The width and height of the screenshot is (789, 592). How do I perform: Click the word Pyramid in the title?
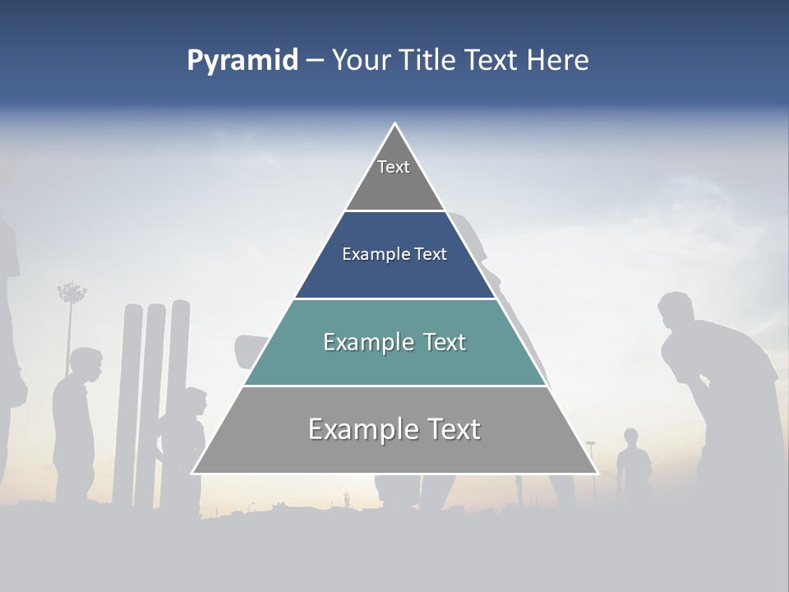coord(242,60)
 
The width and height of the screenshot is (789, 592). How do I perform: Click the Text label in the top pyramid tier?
coord(394,167)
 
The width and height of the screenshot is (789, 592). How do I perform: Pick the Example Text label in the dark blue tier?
coord(394,254)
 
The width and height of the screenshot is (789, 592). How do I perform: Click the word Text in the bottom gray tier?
coord(446,429)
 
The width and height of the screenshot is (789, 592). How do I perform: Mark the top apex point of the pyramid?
coord(394,123)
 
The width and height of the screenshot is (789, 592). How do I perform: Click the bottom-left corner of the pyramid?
coord(192,473)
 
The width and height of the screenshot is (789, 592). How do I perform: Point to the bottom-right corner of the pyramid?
coord(597,473)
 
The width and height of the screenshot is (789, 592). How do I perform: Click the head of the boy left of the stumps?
coord(85,364)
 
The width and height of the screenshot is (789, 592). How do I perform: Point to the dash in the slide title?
coord(314,61)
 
